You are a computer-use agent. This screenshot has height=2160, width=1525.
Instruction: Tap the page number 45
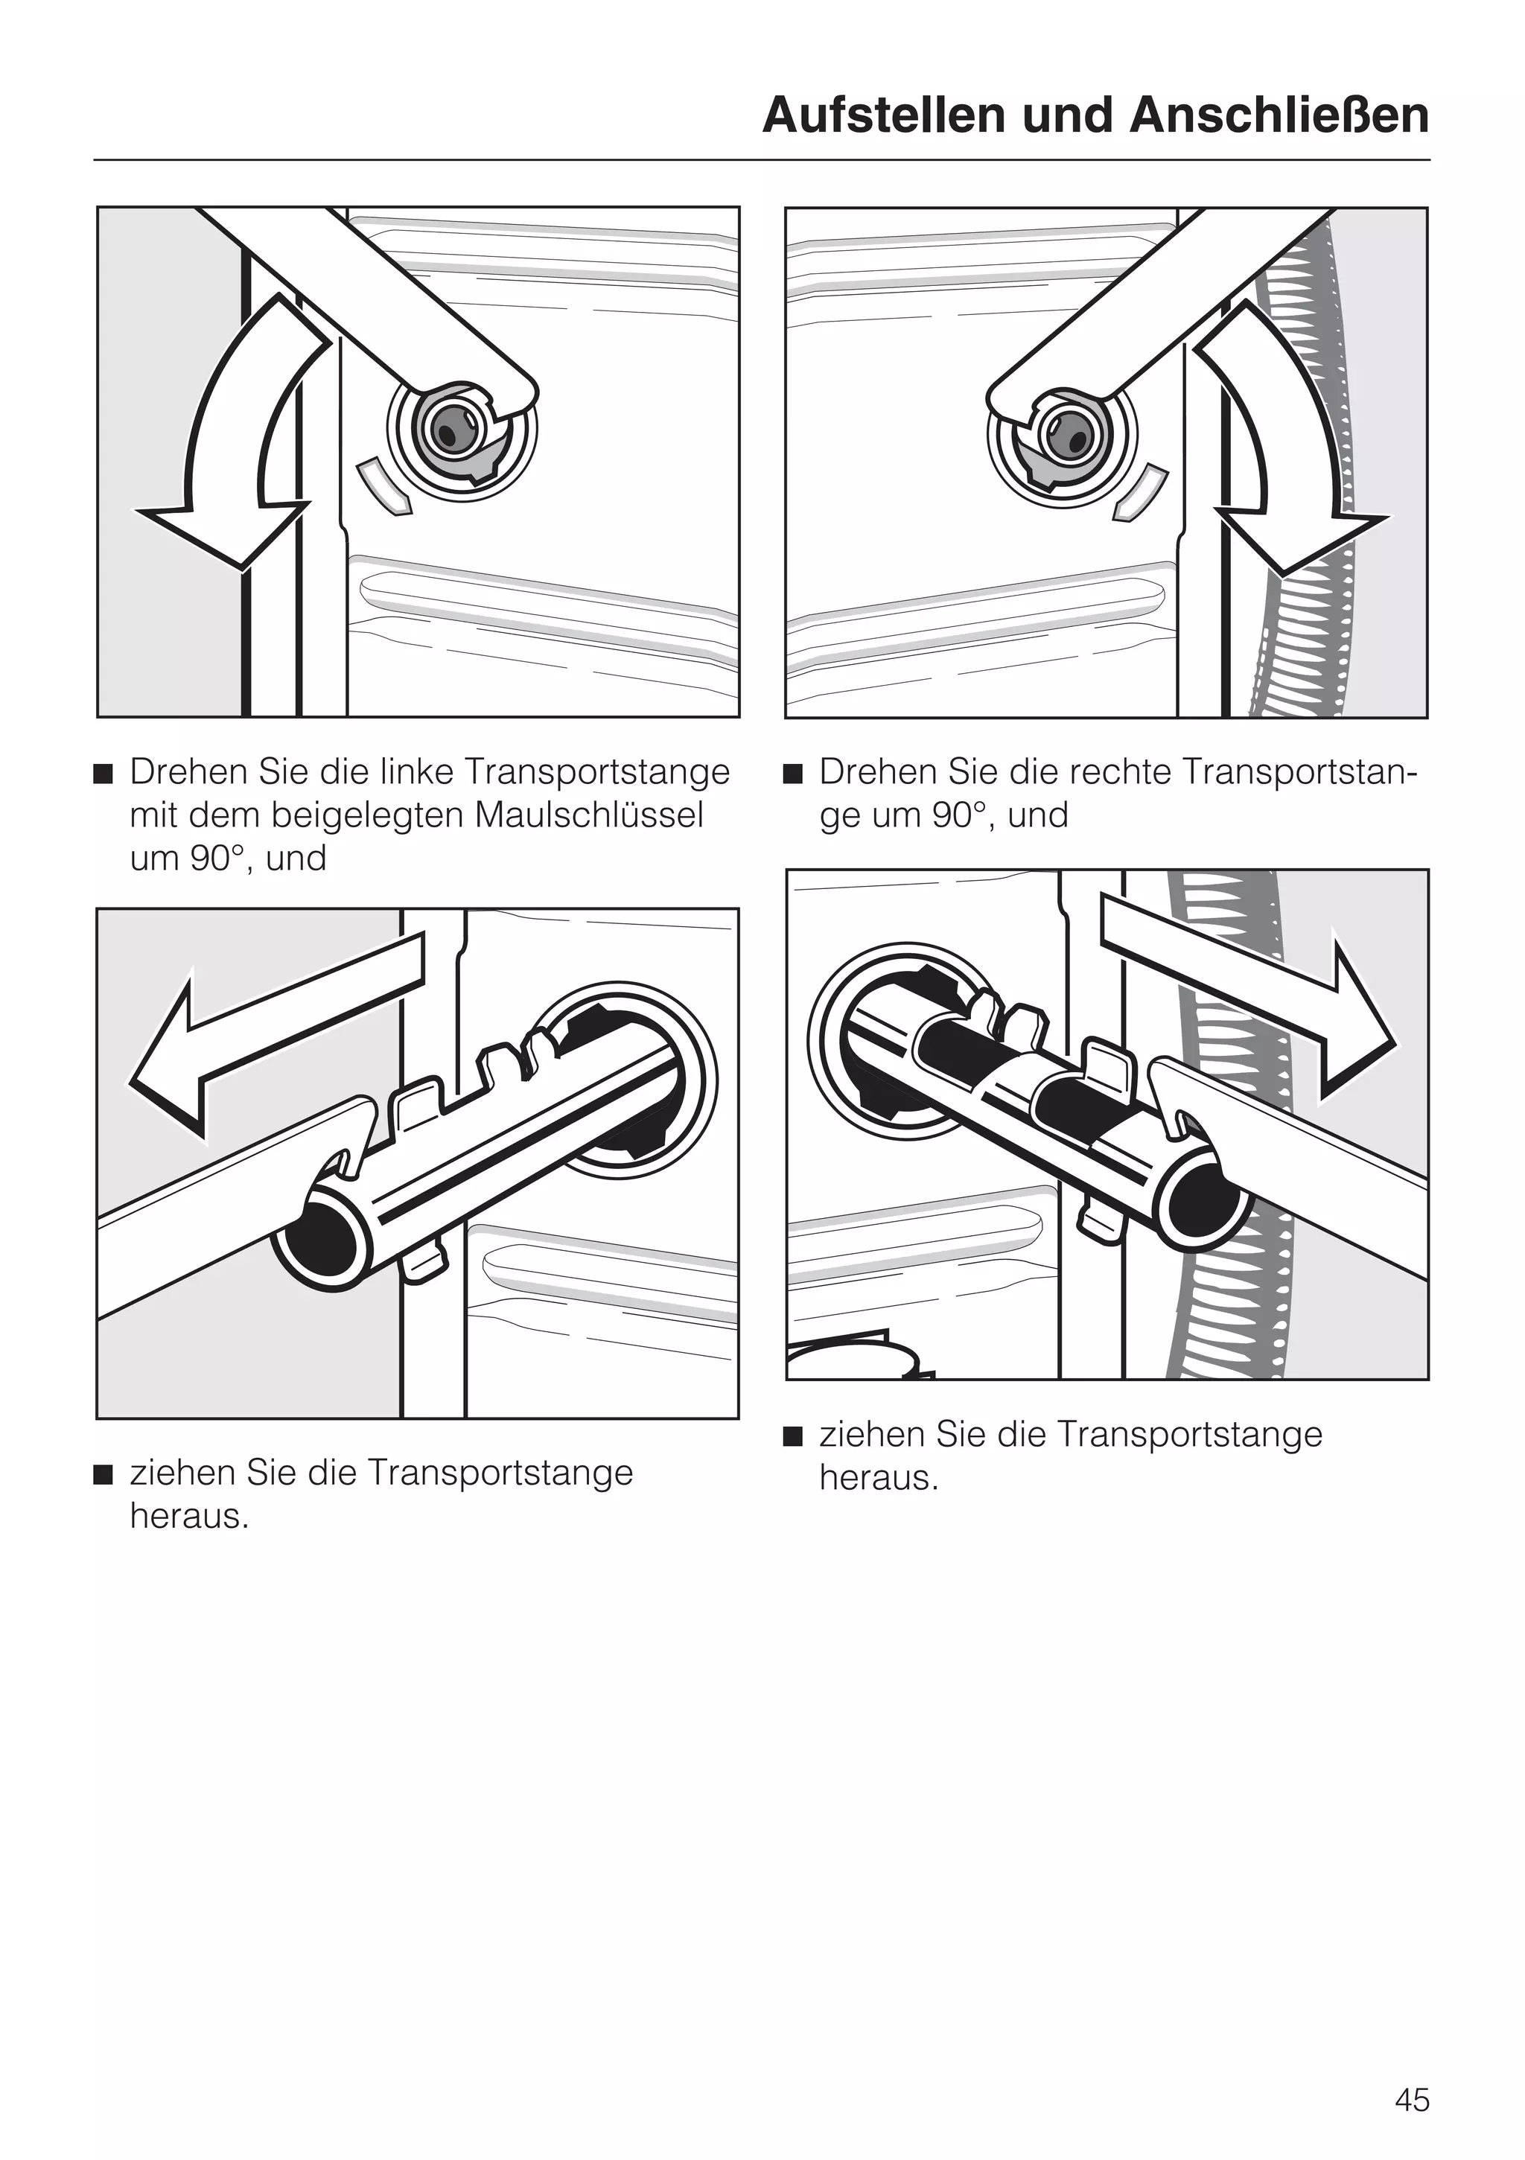[x=1411, y=2100]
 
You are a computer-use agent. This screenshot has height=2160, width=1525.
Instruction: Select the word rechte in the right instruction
[x=1121, y=771]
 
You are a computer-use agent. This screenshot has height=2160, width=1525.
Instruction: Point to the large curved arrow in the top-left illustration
[x=226, y=442]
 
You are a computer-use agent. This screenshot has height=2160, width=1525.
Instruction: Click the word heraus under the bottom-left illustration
[x=188, y=1517]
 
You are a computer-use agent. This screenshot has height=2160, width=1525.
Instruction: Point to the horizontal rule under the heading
[x=762, y=161]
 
